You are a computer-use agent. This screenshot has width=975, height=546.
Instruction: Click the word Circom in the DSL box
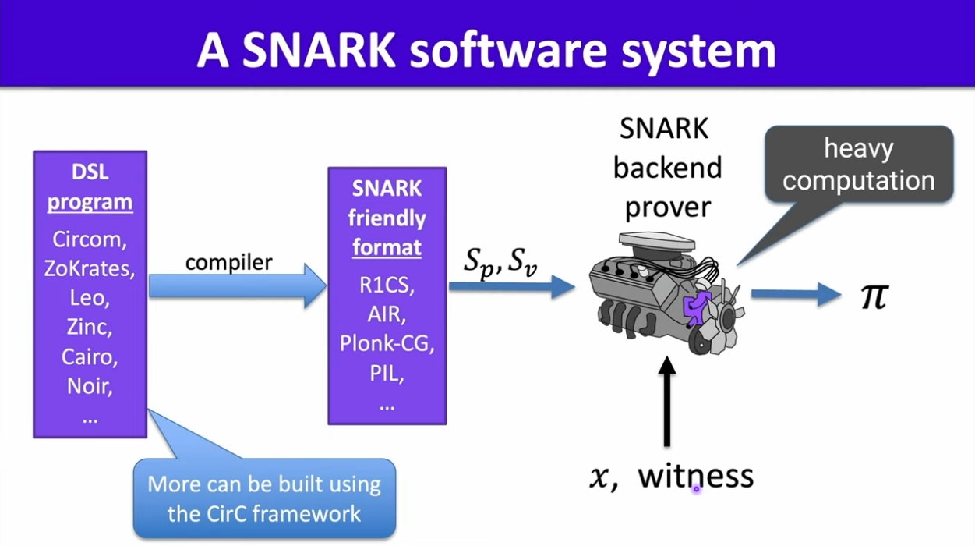[90, 238]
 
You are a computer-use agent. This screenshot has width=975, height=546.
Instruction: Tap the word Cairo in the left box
[90, 356]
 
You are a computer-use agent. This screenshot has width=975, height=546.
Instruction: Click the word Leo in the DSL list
[90, 297]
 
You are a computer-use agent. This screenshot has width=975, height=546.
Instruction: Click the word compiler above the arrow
[228, 262]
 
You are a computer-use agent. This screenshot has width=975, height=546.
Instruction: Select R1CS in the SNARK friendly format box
[387, 285]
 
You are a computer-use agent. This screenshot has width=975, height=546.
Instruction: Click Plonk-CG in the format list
[387, 343]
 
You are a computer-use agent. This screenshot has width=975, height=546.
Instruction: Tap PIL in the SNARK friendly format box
[387, 373]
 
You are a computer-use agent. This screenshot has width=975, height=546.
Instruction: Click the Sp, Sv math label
[500, 261]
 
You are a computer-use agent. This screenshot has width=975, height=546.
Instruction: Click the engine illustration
[666, 292]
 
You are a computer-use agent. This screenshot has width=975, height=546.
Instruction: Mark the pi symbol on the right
[874, 296]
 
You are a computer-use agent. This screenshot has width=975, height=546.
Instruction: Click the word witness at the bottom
[695, 476]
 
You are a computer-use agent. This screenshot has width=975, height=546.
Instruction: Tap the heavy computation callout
[858, 165]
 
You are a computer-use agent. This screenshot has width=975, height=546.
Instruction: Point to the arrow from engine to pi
[795, 294]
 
